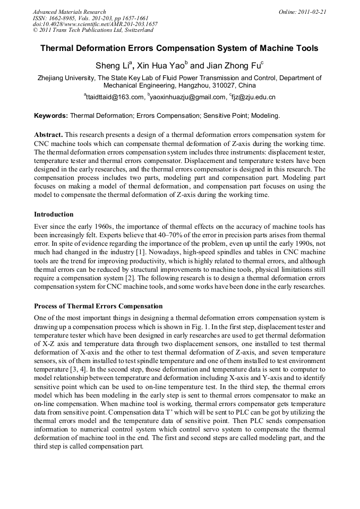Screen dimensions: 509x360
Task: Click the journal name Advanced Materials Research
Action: click(69, 12)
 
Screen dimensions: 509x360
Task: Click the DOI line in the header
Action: click(95, 24)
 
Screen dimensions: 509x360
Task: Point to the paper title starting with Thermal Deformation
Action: click(179, 48)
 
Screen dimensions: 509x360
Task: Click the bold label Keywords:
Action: click(51, 115)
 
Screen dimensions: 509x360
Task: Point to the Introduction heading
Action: click(54, 214)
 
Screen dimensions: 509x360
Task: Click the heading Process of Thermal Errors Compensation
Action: click(98, 306)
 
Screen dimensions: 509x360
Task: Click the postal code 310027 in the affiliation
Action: click(215, 85)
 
